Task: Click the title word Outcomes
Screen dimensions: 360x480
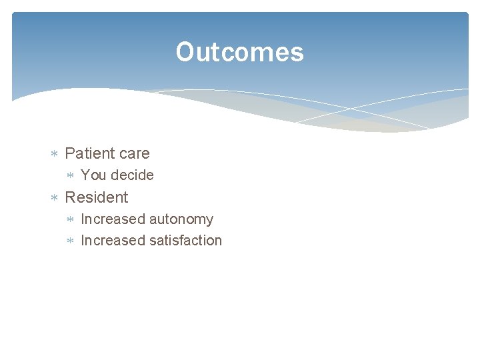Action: tap(239, 53)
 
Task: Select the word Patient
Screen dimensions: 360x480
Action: tap(89, 153)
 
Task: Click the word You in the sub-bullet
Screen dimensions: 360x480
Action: tap(93, 175)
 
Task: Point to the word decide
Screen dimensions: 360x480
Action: tap(131, 175)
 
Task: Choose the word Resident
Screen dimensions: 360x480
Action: tap(96, 197)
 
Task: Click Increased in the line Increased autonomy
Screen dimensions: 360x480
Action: tap(113, 219)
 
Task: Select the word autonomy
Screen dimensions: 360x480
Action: tap(181, 219)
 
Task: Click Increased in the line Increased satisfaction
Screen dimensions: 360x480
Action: tap(113, 241)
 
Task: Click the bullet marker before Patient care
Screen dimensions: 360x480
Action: tap(55, 154)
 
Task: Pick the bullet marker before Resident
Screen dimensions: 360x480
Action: tap(55, 198)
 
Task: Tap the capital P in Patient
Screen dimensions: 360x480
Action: tap(69, 153)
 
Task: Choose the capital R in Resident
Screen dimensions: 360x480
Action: tap(70, 197)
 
